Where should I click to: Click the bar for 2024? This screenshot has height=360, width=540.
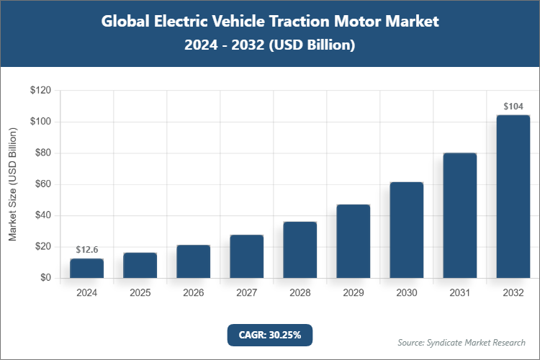pyautogui.click(x=86, y=269)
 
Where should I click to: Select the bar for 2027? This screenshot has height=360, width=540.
pyautogui.click(x=246, y=256)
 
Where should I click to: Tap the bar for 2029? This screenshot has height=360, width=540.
pyautogui.click(x=353, y=241)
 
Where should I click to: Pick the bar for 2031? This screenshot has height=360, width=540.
pyautogui.click(x=459, y=215)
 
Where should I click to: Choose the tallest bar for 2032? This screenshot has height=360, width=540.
pyautogui.click(x=513, y=197)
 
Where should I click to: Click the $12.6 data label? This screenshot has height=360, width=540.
pyautogui.click(x=86, y=249)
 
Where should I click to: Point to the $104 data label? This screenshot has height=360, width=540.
pyautogui.click(x=513, y=106)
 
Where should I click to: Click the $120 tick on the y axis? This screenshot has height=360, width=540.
pyautogui.click(x=40, y=91)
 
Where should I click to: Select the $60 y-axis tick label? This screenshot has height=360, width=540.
pyautogui.click(x=42, y=184)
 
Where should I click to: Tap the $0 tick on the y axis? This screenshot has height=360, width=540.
pyautogui.click(x=45, y=278)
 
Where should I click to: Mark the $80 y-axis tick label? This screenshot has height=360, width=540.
pyautogui.click(x=42, y=153)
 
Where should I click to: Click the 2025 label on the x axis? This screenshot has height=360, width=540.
pyautogui.click(x=140, y=293)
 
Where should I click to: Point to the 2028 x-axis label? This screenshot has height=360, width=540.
pyautogui.click(x=300, y=293)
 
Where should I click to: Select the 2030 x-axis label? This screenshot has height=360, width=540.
pyautogui.click(x=406, y=293)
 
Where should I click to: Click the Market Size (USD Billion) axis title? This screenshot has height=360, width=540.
pyautogui.click(x=12, y=184)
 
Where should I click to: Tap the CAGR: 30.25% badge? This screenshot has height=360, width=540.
pyautogui.click(x=270, y=334)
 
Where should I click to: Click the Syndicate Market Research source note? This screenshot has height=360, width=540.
pyautogui.click(x=462, y=342)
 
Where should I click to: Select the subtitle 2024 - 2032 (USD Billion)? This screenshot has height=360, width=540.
pyautogui.click(x=270, y=45)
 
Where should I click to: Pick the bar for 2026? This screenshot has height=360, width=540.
pyautogui.click(x=193, y=261)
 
